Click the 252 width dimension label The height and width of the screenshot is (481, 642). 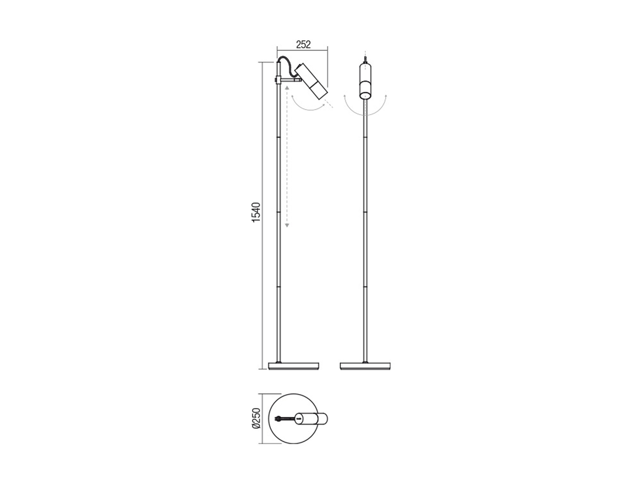point(303,44)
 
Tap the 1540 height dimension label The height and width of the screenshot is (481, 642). point(256,212)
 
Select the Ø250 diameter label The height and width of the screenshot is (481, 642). point(256,419)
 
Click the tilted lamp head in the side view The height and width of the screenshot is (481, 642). point(311,82)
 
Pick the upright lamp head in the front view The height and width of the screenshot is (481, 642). point(365,82)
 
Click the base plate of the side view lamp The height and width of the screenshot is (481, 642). point(294,366)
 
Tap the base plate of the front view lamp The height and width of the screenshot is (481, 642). point(365,366)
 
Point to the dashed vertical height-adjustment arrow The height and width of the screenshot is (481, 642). point(287,156)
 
